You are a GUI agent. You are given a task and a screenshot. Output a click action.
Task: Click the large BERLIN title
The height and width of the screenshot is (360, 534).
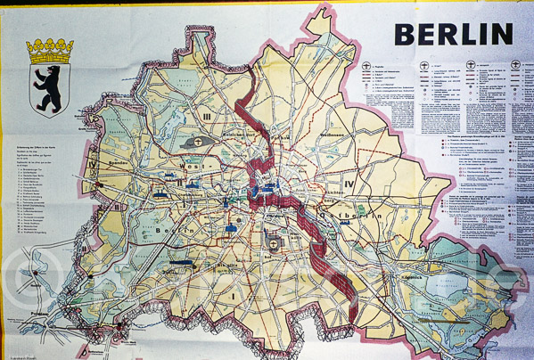[454, 34]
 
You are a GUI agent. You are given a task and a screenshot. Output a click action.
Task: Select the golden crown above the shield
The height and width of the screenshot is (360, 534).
[50, 50]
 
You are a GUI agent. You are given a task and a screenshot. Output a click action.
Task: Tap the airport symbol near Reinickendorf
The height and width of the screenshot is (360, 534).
[195, 143]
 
